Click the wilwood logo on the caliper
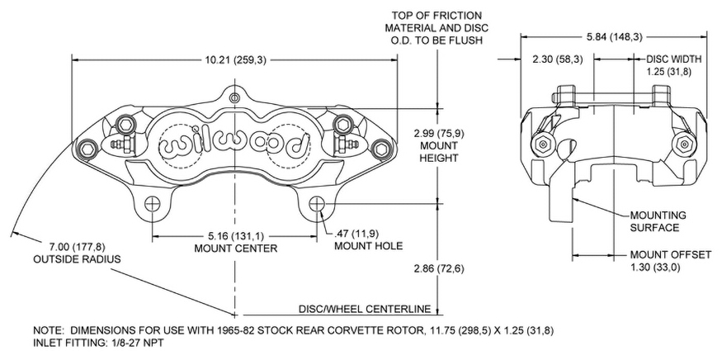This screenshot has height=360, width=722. [x=235, y=140]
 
